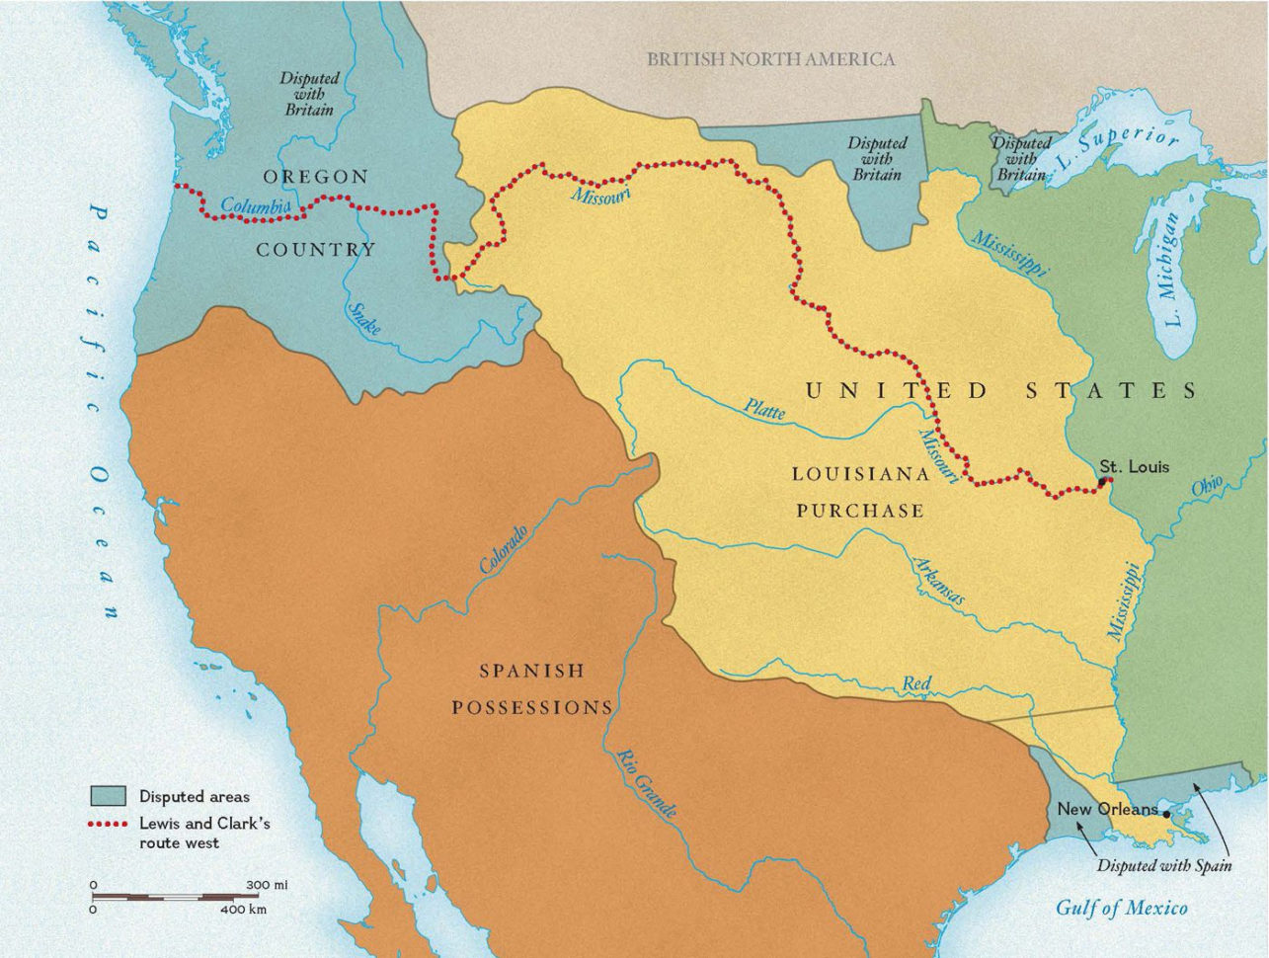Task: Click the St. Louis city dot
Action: [1103, 481]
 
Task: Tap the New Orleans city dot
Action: [1166, 815]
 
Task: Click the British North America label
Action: [770, 59]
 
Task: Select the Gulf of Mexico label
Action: [1122, 908]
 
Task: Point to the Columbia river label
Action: [255, 205]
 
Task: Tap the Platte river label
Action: [764, 409]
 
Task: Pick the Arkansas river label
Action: [938, 581]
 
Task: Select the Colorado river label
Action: [504, 549]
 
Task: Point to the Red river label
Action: [916, 683]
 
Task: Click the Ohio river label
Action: [1207, 487]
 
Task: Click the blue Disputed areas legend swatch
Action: [108, 796]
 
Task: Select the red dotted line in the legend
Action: [108, 824]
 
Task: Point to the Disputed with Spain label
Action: [1164, 866]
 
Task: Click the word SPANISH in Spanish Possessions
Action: [531, 672]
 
